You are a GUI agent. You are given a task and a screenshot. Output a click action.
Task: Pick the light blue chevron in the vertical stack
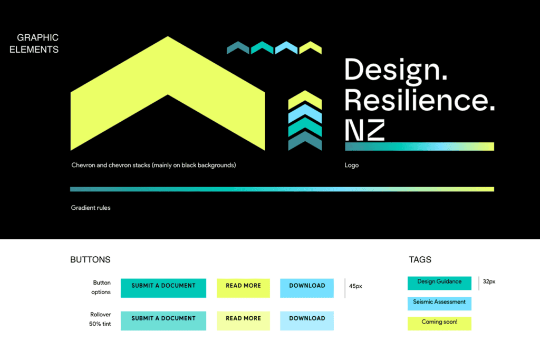(305, 112)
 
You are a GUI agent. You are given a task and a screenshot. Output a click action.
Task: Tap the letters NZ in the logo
(365, 130)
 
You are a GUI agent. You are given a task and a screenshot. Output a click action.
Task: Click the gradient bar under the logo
(419, 147)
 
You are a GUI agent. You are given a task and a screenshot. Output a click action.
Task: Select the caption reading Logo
(352, 166)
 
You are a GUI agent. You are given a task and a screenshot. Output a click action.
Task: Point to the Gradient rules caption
(91, 208)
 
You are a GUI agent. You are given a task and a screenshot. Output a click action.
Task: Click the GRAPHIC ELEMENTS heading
(37, 44)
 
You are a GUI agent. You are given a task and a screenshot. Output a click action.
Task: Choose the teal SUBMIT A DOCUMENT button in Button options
(163, 288)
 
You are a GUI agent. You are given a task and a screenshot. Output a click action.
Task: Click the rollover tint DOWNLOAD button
(306, 320)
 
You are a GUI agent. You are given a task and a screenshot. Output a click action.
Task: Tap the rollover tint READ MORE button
(243, 320)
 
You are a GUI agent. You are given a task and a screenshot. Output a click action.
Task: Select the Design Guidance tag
(439, 283)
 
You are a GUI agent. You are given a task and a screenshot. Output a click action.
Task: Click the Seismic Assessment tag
(439, 303)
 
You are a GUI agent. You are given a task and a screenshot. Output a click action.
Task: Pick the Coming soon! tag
(439, 323)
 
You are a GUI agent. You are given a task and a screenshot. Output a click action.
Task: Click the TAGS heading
(420, 260)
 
